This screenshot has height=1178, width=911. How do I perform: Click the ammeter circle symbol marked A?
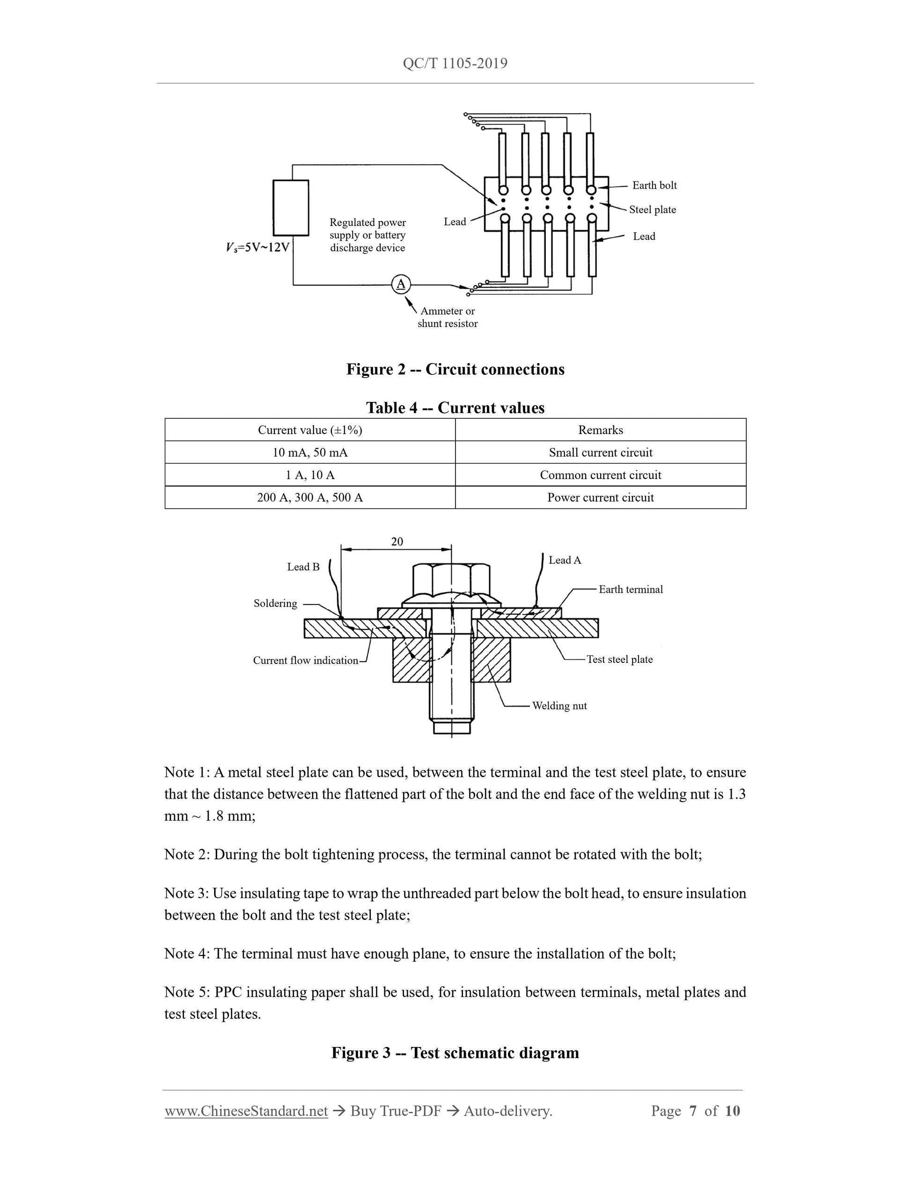[400, 284]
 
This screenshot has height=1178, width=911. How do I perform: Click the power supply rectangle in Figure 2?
[291, 208]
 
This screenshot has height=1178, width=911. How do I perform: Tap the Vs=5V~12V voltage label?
[258, 247]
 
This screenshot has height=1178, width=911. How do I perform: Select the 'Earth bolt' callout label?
[654, 186]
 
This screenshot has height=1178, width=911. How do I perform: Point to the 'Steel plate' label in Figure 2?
[652, 210]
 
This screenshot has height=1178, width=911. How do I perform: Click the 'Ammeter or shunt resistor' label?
[448, 317]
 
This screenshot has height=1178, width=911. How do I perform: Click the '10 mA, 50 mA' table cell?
[310, 452]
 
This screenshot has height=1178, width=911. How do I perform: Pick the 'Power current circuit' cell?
[600, 497]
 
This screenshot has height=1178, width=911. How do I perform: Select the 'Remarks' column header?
[600, 430]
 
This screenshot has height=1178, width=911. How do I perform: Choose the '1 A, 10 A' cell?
[310, 475]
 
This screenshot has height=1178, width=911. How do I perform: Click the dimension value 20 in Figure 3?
[397, 542]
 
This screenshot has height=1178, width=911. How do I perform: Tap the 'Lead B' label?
[303, 567]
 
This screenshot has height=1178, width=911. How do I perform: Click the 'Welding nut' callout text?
[559, 705]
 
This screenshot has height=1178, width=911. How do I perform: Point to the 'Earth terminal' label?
[631, 589]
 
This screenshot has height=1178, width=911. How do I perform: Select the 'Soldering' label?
[275, 604]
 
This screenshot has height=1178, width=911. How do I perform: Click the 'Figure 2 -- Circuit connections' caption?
[455, 370]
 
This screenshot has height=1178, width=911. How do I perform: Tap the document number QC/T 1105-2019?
[455, 64]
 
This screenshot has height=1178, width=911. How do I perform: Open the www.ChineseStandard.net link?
[246, 1111]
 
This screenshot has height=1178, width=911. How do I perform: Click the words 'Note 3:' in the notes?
[186, 894]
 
